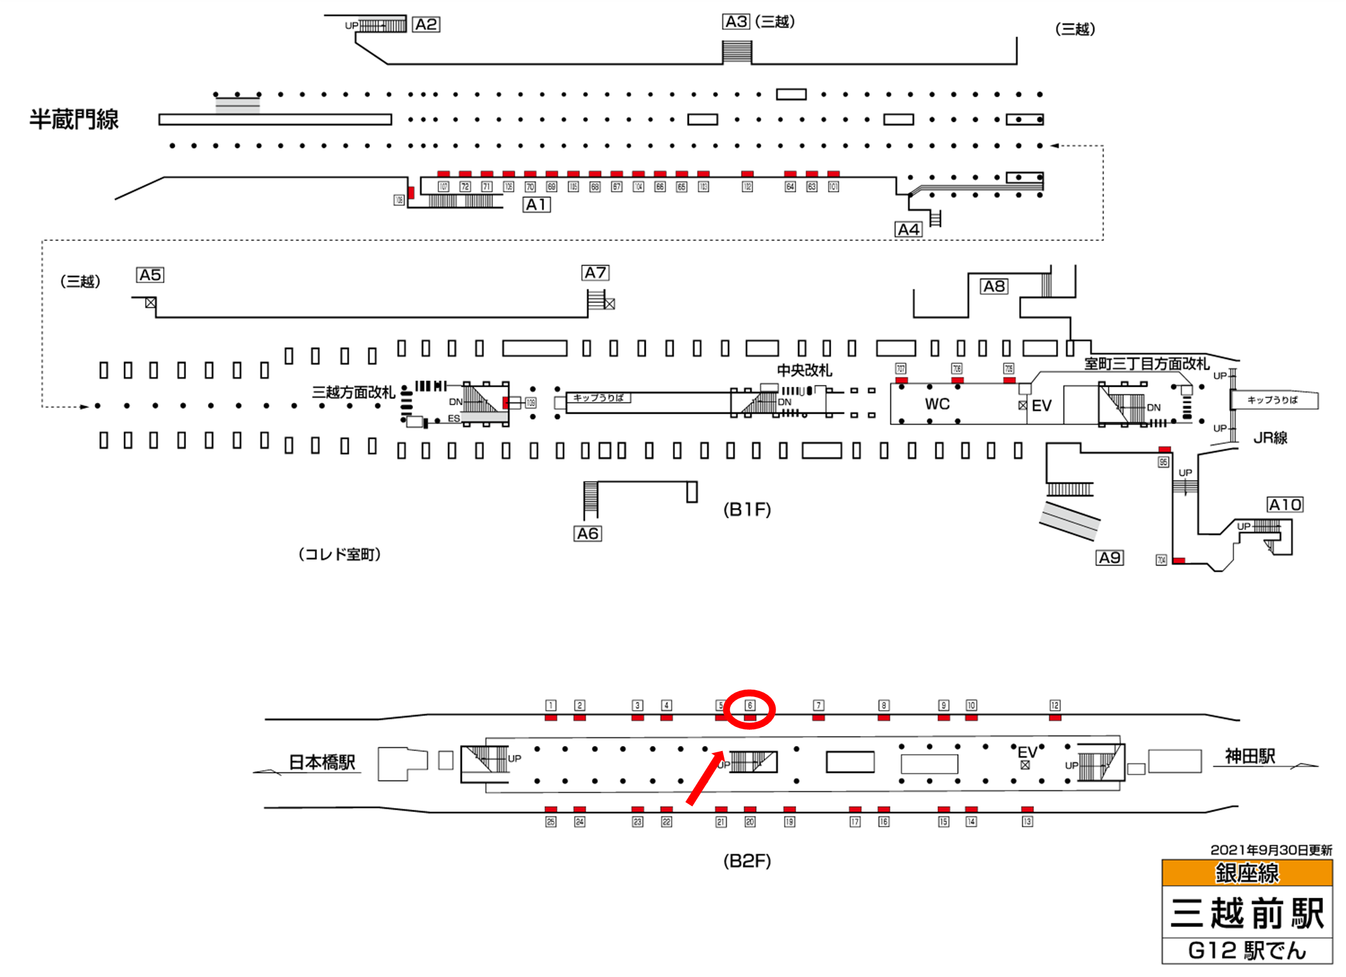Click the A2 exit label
pyautogui.click(x=426, y=24)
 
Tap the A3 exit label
pyautogui.click(x=736, y=22)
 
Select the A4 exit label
pyautogui.click(x=908, y=230)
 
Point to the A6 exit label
pyautogui.click(x=588, y=533)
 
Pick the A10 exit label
pyautogui.click(x=1285, y=505)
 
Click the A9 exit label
pyautogui.click(x=1109, y=557)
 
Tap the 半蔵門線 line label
pyautogui.click(x=74, y=120)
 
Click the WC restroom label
pyautogui.click(x=936, y=404)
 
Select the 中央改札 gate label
pyautogui.click(x=804, y=370)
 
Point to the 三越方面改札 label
pyautogui.click(x=353, y=393)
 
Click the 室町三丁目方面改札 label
pyautogui.click(x=1146, y=364)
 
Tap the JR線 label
pyautogui.click(x=1270, y=438)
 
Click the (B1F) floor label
pyautogui.click(x=747, y=509)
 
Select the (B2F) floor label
pyautogui.click(x=747, y=861)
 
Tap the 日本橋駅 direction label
pyautogui.click(x=322, y=762)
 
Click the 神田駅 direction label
pyautogui.click(x=1250, y=756)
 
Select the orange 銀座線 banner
pyautogui.click(x=1247, y=872)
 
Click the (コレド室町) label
pyautogui.click(x=339, y=555)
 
